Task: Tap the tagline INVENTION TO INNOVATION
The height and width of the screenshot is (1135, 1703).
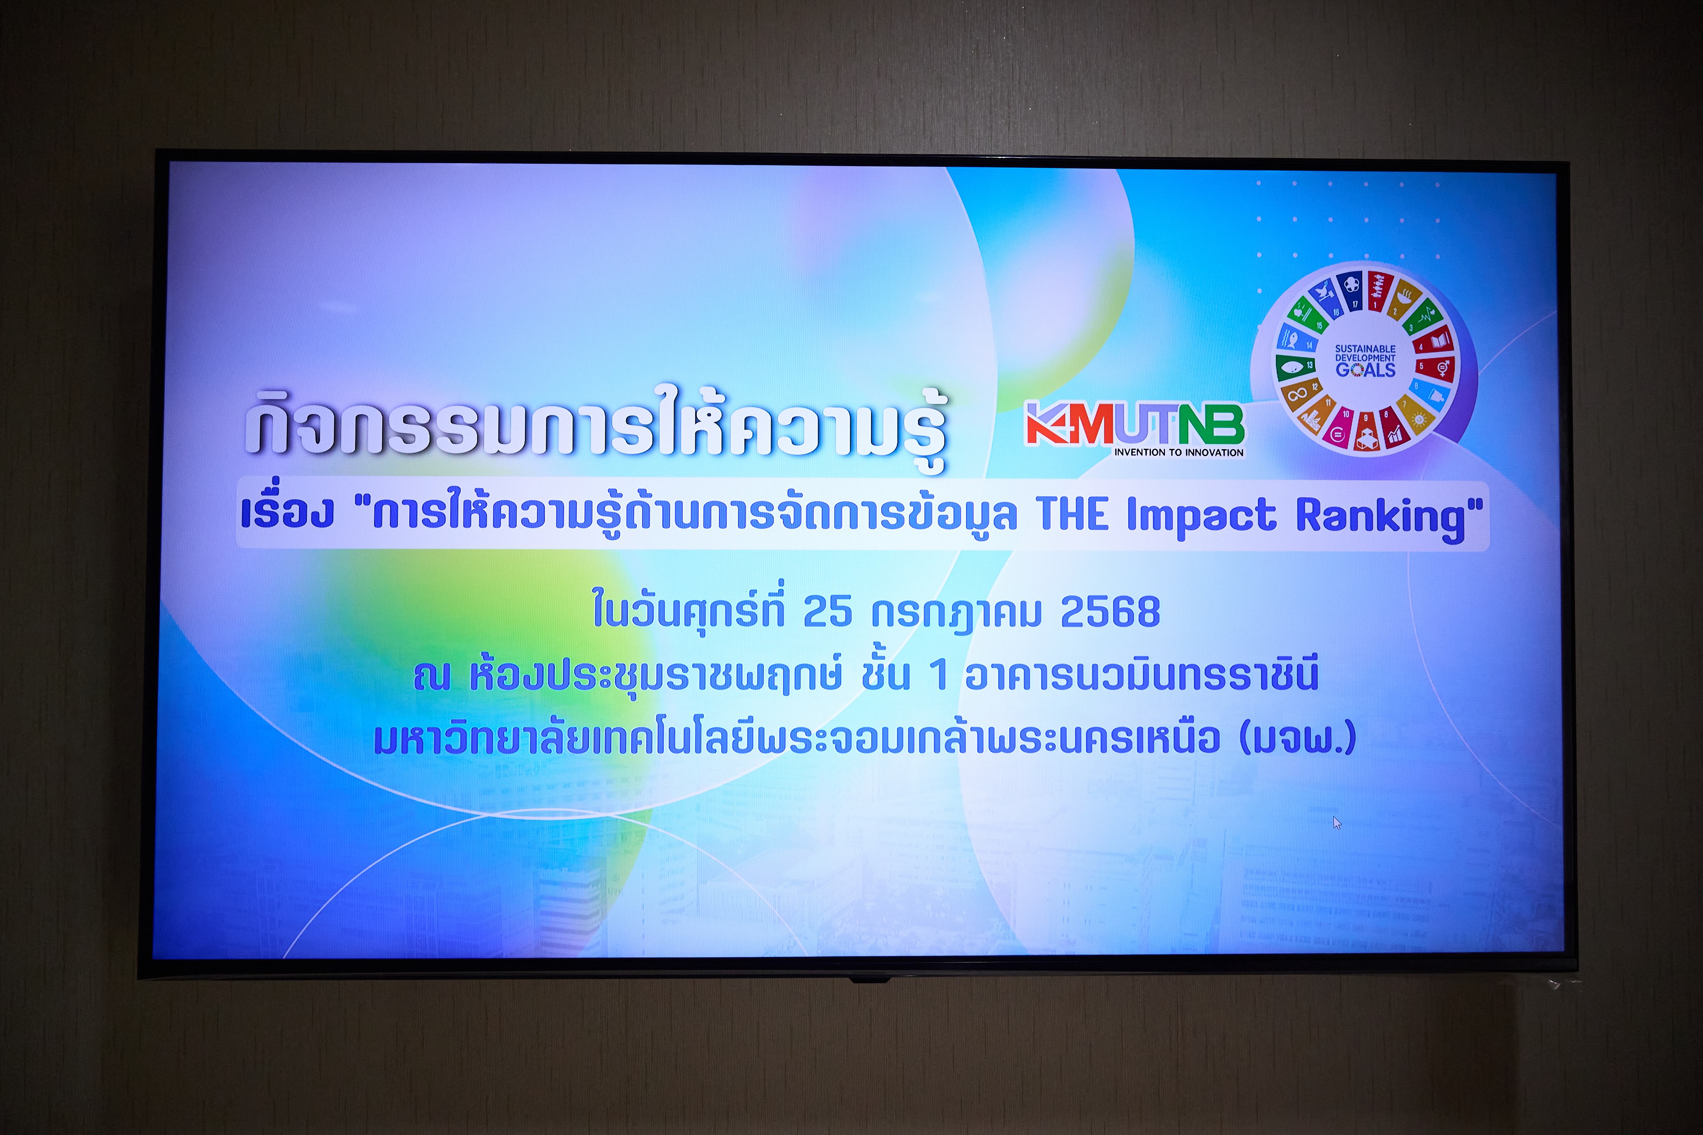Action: (1179, 452)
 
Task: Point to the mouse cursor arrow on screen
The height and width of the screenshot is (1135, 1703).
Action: (1337, 823)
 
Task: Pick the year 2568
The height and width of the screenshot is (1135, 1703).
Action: (1110, 612)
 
